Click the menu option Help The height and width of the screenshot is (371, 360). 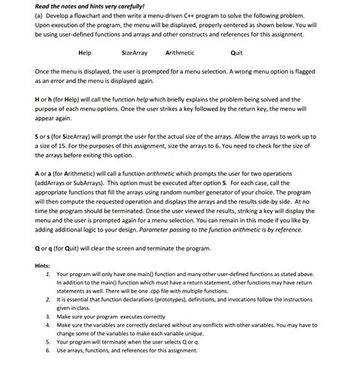click(x=84, y=53)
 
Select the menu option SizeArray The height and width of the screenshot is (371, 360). click(x=134, y=53)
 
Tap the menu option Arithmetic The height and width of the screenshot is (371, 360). click(x=179, y=53)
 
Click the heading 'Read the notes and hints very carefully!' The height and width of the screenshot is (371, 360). click(x=84, y=6)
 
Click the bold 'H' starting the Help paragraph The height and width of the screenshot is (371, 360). click(x=37, y=99)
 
